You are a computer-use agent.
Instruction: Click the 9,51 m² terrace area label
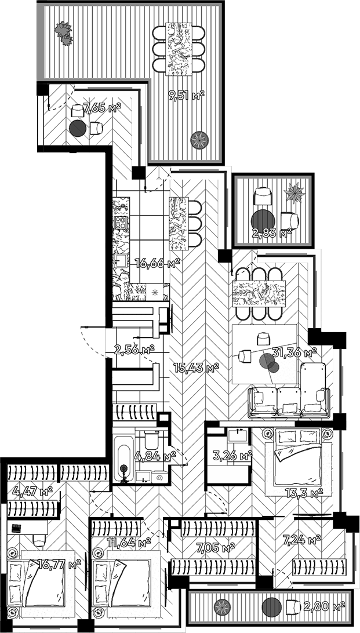[186, 96]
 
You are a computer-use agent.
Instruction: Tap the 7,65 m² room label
[102, 107]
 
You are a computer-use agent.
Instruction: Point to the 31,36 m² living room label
[294, 352]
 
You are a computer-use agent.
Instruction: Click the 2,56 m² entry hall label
[134, 349]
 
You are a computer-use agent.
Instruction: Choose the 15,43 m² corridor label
[196, 367]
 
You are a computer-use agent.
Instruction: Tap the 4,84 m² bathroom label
[155, 456]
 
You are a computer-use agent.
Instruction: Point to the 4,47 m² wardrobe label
[32, 492]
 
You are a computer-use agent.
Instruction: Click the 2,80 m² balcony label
[324, 606]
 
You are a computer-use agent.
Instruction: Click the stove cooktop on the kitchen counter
[121, 223]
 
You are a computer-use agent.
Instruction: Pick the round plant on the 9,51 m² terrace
[200, 139]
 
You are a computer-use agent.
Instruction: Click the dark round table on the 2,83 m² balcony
[262, 221]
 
